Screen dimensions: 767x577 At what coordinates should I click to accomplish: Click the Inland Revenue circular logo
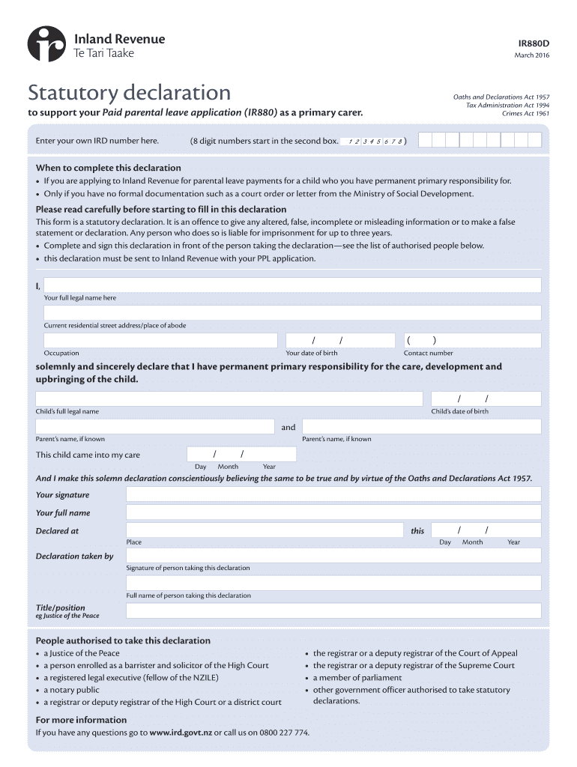[x=47, y=44]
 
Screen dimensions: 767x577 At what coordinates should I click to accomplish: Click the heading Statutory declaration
[x=130, y=94]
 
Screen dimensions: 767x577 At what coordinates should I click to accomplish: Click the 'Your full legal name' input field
[x=292, y=285]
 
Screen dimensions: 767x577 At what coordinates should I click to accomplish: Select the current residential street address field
[x=292, y=313]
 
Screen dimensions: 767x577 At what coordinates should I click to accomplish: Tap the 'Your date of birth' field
[x=339, y=341]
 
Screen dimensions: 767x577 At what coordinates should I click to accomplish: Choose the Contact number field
[x=472, y=341]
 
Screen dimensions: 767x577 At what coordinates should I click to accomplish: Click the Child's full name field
[x=229, y=398]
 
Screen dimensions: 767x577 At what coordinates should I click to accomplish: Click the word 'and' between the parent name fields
[x=288, y=428]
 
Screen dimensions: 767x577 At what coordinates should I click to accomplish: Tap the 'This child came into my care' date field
[x=241, y=455]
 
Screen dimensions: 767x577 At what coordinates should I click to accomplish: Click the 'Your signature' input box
[x=333, y=494]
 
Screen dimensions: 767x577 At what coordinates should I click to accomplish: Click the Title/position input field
[x=333, y=610]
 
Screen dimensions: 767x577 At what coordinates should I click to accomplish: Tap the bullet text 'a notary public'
[x=71, y=690]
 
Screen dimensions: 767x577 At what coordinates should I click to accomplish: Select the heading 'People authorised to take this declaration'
[x=123, y=641]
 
